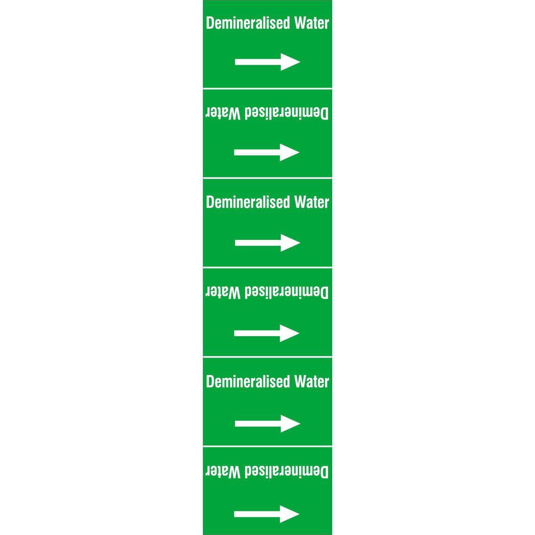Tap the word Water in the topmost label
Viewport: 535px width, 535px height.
(312, 23)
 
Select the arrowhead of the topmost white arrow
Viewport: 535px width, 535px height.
(290, 62)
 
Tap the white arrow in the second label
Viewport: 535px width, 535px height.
(267, 152)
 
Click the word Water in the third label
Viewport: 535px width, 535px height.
(312, 202)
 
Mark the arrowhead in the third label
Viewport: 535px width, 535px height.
(290, 243)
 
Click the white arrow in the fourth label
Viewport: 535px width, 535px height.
(267, 333)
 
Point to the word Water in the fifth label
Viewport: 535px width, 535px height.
(312, 382)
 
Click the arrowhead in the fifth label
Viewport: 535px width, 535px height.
(290, 424)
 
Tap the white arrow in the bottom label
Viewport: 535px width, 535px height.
(267, 514)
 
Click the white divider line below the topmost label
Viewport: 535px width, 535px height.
(267, 89)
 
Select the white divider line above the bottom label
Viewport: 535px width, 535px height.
(267, 446)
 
